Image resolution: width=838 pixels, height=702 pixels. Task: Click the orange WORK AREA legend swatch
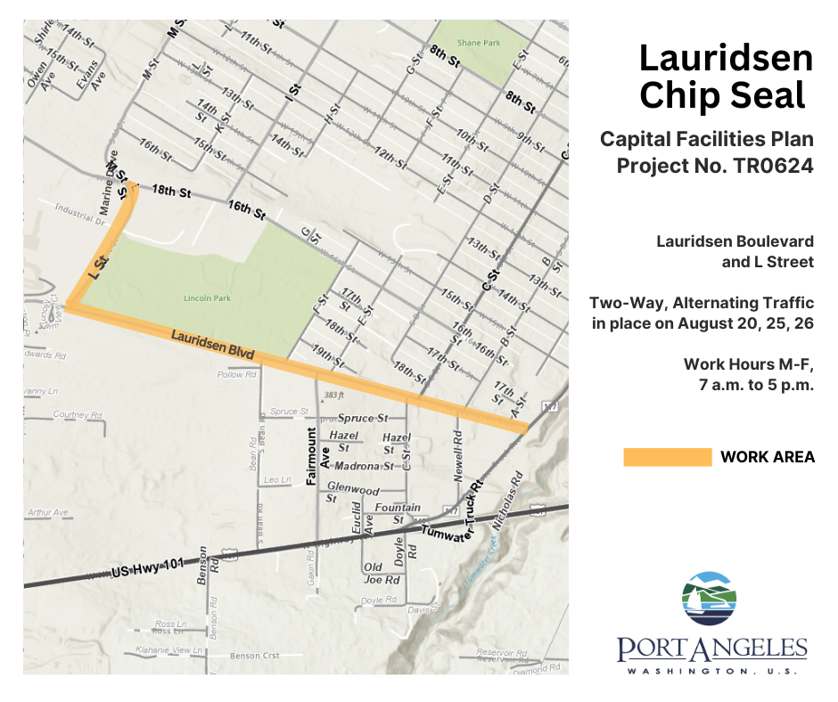pos(667,457)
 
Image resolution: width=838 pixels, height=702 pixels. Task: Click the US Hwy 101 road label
pos(148,569)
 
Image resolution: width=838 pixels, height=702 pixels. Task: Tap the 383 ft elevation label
pos(334,395)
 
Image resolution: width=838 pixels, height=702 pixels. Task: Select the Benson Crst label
pos(255,656)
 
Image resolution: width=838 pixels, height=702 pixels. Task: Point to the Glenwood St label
pos(353,494)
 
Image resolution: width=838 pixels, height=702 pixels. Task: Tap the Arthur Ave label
pos(48,512)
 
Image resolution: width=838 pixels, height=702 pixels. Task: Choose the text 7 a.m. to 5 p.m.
pos(756,386)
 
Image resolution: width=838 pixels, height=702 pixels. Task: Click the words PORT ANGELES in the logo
pos(711,648)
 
